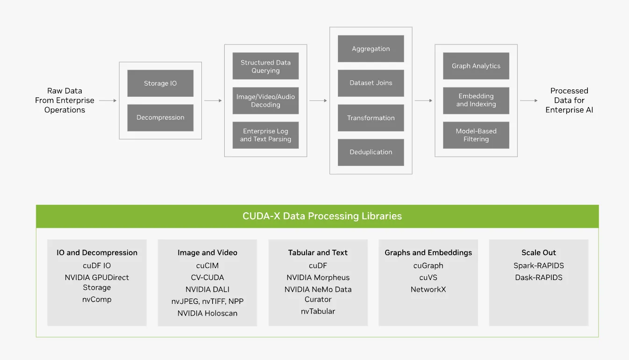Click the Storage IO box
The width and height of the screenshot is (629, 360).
point(160,83)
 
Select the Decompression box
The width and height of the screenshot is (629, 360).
point(160,117)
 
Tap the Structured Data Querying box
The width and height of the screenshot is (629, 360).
point(265,66)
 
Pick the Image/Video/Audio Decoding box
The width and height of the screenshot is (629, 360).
point(265,101)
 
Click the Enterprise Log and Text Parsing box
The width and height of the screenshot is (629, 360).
point(265,135)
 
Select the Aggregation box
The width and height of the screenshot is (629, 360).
point(371,49)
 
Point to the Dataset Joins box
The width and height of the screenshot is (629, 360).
point(371,83)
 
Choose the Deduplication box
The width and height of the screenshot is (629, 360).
point(371,152)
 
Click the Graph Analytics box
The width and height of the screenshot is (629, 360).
point(476,66)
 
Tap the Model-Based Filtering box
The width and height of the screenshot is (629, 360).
point(476,135)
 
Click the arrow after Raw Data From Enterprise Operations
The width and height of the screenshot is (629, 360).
point(108,101)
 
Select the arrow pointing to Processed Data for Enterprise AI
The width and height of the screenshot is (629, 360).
point(529,101)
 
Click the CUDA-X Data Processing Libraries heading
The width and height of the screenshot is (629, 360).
point(322,216)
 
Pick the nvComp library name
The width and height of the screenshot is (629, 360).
point(97,299)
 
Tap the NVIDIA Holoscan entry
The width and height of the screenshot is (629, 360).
point(207,313)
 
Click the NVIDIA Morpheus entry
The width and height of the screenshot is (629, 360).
point(318,277)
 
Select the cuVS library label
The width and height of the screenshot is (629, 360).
point(428,277)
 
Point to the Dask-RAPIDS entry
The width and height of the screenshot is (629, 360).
point(538,277)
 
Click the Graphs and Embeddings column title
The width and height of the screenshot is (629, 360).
point(428,252)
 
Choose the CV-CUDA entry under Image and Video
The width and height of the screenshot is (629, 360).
point(207,277)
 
